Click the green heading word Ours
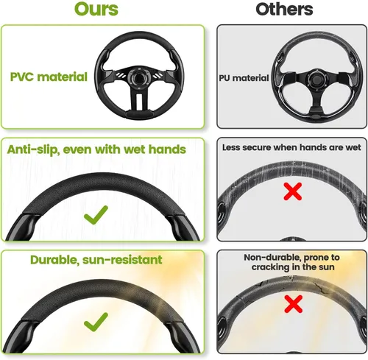[x=96, y=10]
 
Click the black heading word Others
[x=284, y=10]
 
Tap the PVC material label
[x=49, y=77]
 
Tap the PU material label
[x=244, y=78]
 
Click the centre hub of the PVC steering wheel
[x=139, y=77]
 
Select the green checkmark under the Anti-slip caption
[x=96, y=214]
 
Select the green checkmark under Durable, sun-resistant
[x=96, y=322]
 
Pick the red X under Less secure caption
[x=293, y=191]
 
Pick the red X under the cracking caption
[x=294, y=304]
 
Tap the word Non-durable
[x=272, y=258]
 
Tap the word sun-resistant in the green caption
[x=122, y=260]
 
